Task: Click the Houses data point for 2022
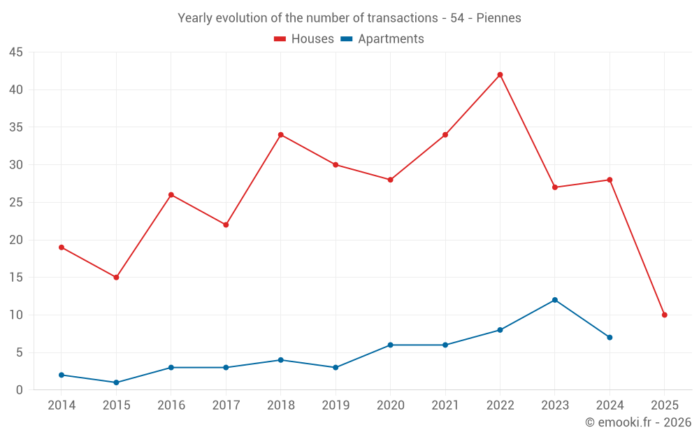click(x=500, y=75)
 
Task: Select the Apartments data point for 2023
click(x=555, y=300)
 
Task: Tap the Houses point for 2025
click(x=665, y=315)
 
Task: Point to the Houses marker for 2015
click(x=116, y=278)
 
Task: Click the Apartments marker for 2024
click(x=610, y=338)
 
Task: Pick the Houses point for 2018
click(x=280, y=135)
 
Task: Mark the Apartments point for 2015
click(x=116, y=382)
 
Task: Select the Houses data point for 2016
click(x=171, y=195)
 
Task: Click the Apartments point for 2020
click(x=390, y=345)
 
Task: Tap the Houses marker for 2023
click(x=555, y=187)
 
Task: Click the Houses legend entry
click(x=304, y=39)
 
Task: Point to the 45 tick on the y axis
click(x=15, y=52)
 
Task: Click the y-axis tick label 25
click(x=15, y=203)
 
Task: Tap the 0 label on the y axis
click(x=20, y=390)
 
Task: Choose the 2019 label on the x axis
click(x=336, y=406)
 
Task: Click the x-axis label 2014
click(x=62, y=406)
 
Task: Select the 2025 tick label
click(x=665, y=406)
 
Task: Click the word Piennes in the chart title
click(x=498, y=18)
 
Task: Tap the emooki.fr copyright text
click(x=638, y=422)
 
